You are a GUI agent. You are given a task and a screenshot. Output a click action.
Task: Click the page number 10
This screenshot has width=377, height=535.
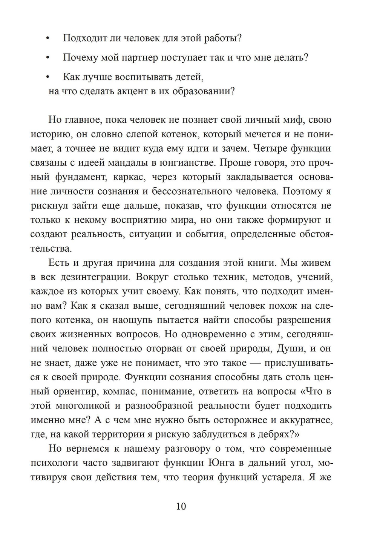[x=181, y=506]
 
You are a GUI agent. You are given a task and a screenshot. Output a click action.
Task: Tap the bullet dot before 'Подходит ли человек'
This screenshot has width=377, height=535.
[x=48, y=38]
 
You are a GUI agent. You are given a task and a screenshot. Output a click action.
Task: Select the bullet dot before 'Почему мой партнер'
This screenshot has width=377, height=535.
[x=48, y=58]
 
